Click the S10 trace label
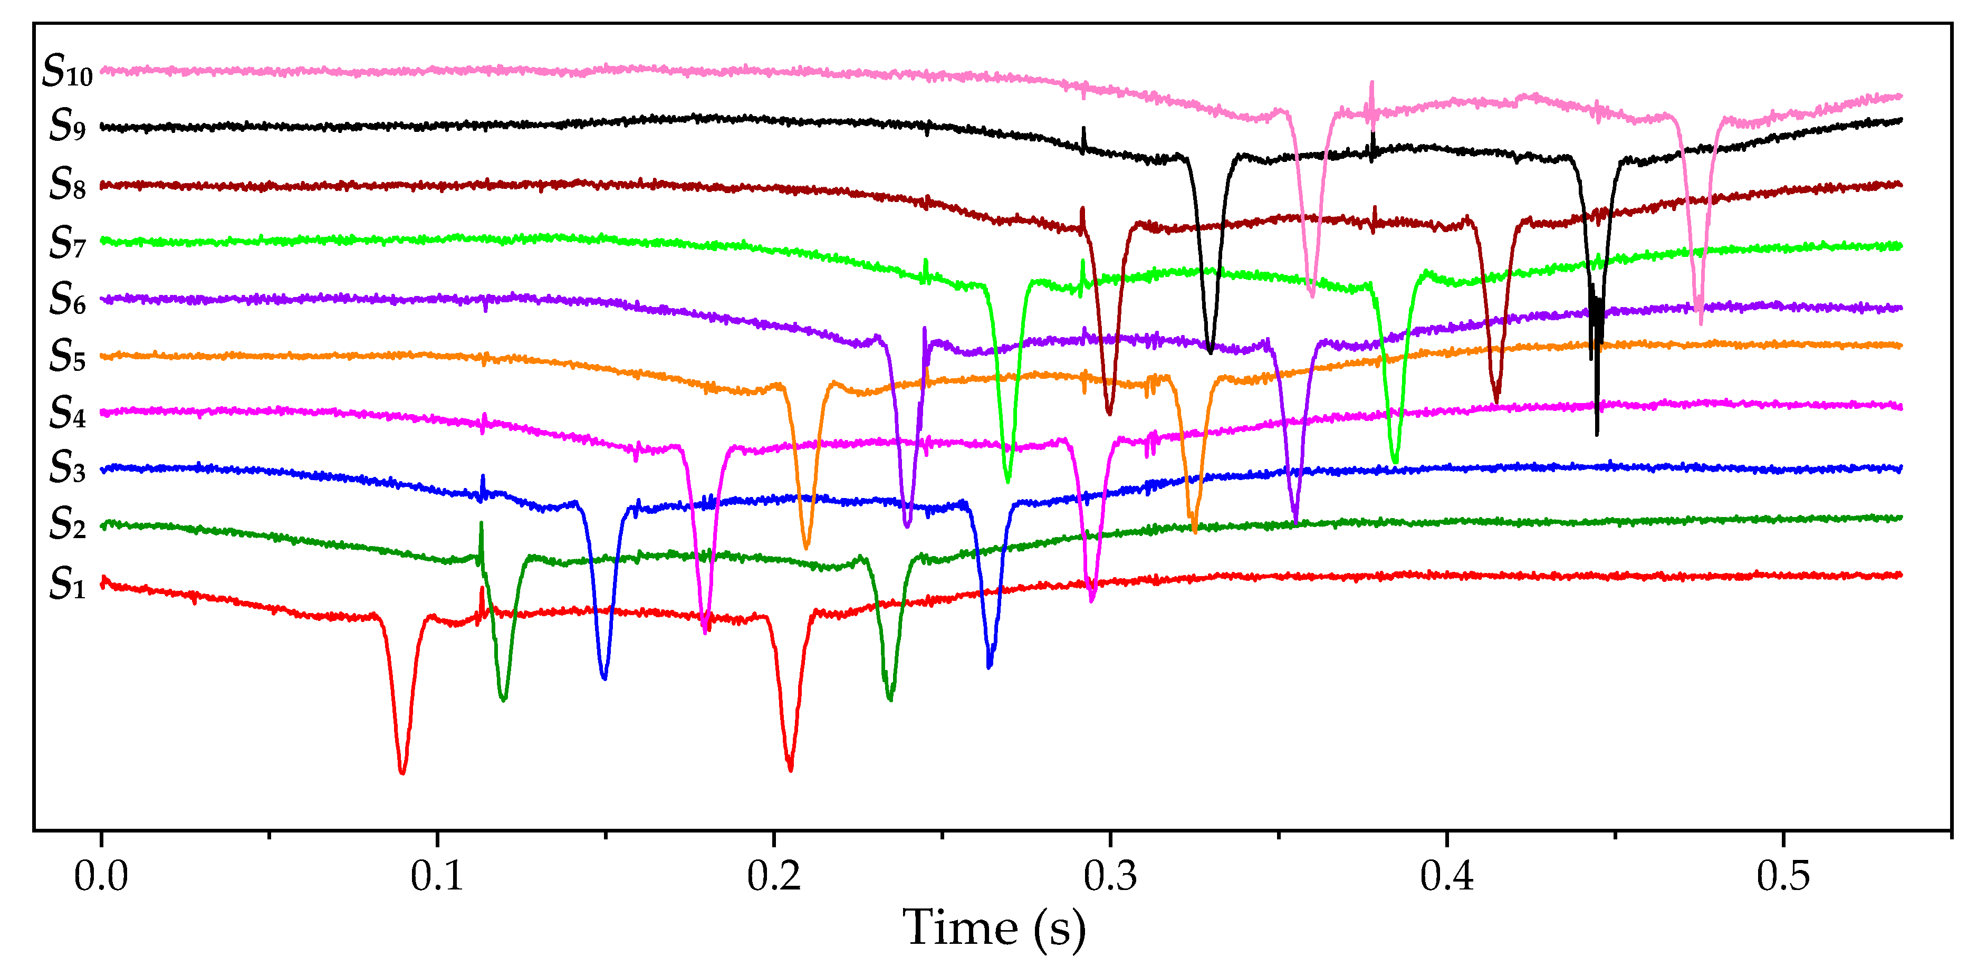(68, 71)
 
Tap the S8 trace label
(68, 184)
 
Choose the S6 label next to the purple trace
(68, 299)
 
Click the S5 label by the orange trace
(68, 355)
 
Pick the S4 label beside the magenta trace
(68, 413)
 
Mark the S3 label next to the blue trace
(68, 467)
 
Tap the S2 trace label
(68, 524)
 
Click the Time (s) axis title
(994, 929)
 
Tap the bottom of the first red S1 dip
(402, 772)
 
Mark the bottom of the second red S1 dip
(791, 769)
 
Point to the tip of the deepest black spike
(1597, 434)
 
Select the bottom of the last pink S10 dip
(1701, 322)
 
